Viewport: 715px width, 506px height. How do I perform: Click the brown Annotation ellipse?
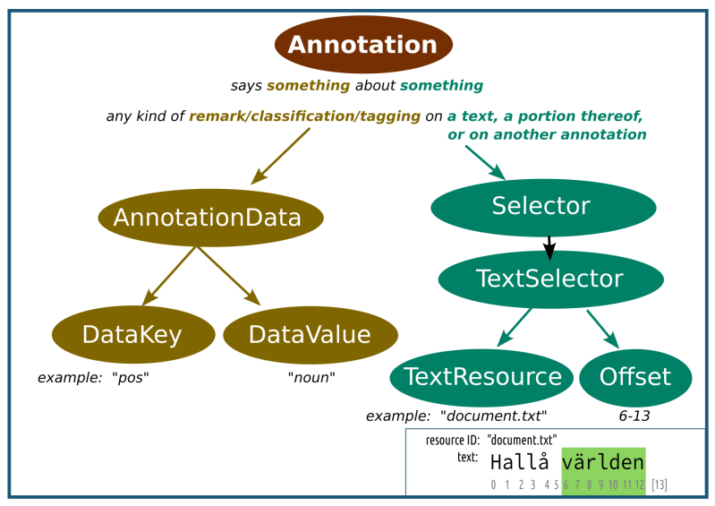click(362, 44)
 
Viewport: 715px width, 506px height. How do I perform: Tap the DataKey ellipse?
click(132, 335)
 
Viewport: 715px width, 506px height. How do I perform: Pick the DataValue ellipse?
click(310, 335)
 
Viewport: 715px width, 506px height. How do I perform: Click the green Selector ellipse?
click(541, 206)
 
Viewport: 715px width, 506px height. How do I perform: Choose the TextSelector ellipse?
click(549, 279)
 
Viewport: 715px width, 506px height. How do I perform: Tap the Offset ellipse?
click(635, 376)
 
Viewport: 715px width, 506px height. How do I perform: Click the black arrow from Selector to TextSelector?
click(549, 244)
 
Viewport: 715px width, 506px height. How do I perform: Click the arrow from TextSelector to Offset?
click(603, 329)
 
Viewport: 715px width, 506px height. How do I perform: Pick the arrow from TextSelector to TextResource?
click(516, 327)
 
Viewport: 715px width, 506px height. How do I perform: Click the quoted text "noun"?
click(311, 378)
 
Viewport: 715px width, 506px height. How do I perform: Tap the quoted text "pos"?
click(130, 378)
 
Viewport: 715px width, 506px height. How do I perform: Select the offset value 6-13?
click(635, 416)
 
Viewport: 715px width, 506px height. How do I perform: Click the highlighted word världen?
click(603, 462)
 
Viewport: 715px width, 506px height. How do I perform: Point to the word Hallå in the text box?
click(520, 462)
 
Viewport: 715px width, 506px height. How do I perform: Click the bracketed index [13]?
click(659, 485)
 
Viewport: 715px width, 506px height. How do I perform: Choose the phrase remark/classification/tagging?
click(304, 116)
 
